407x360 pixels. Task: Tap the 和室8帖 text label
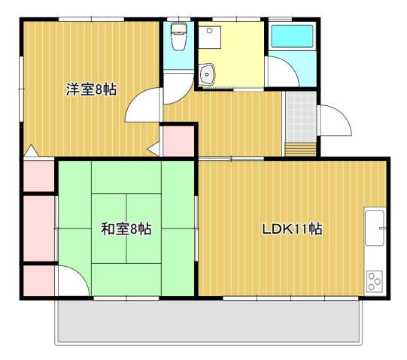(126, 228)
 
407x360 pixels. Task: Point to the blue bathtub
(292, 38)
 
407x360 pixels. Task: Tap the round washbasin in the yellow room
(208, 74)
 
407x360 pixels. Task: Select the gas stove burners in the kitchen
(374, 281)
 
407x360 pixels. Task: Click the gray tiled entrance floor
(301, 116)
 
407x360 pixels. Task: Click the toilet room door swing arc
(178, 86)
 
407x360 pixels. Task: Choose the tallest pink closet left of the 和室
(39, 228)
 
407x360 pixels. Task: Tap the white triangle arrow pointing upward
(30, 152)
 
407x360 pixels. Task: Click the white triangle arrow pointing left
(154, 149)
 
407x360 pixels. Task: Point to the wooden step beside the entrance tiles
(301, 147)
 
